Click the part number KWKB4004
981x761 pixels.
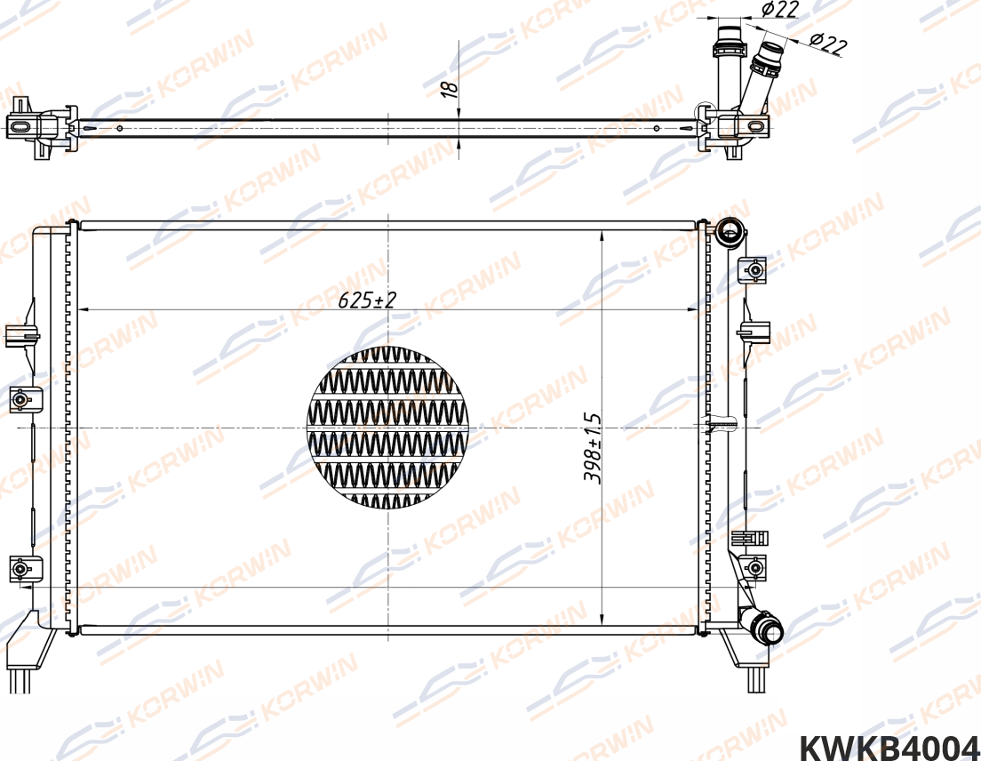[x=889, y=746]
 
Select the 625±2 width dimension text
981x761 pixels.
[x=366, y=300]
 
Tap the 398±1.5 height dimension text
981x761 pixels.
[x=592, y=447]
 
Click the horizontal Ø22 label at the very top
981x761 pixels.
[x=780, y=10]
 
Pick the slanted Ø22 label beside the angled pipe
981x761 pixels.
[x=827, y=44]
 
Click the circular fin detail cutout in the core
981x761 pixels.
[x=387, y=428]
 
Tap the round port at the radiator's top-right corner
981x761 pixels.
[x=730, y=231]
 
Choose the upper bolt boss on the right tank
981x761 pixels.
[x=754, y=268]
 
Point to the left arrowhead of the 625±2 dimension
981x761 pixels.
[x=84, y=309]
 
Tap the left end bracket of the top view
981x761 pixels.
[x=36, y=129]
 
